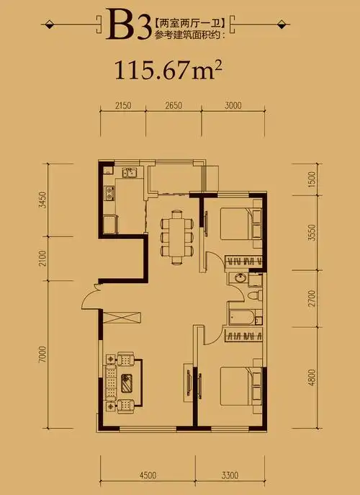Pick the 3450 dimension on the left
coord(42,200)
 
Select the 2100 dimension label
coord(42,259)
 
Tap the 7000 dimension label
coord(42,356)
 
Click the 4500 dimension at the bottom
coord(148,475)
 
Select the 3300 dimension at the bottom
coord(229,475)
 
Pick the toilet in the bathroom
coord(253,296)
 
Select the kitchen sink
coord(130,173)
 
